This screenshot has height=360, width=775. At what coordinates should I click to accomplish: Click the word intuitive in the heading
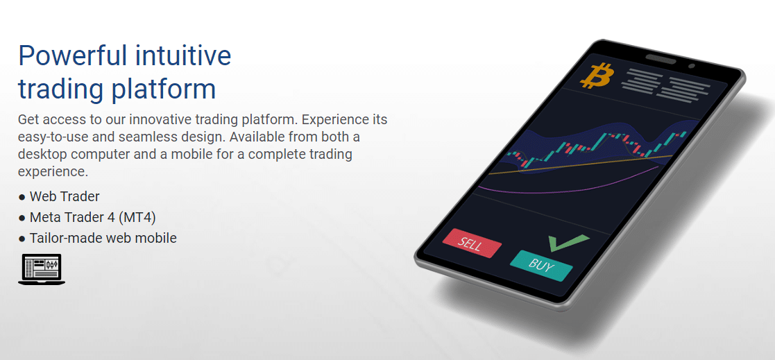184,55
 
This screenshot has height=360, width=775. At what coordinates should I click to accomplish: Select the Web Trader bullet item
65,196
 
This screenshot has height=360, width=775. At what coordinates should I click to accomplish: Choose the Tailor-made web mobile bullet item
103,238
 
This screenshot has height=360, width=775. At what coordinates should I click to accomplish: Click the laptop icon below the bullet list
42,269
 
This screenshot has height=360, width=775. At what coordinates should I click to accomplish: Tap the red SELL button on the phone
471,243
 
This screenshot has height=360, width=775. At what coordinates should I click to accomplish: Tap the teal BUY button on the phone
541,264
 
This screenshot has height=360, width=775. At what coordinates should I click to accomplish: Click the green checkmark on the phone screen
567,242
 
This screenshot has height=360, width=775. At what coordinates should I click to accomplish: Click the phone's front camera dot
691,67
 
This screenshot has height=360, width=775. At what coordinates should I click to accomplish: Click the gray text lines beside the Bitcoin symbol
667,87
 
